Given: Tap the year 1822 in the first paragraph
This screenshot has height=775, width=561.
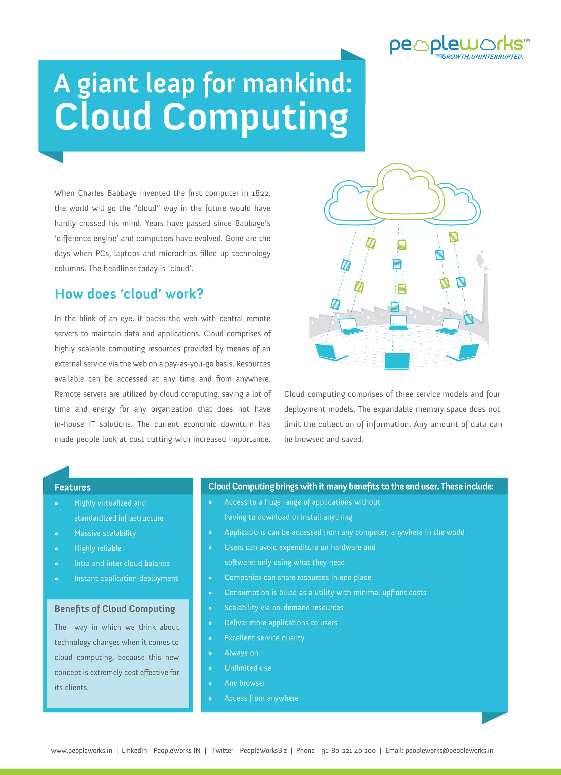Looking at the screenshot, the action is coord(260,193).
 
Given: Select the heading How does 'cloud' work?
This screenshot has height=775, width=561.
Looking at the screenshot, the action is coord(129,294).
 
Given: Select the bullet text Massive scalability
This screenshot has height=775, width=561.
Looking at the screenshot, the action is coord(105,533).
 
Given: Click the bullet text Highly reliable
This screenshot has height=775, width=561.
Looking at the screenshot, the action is coord(98,548).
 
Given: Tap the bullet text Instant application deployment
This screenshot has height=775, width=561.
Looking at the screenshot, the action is coord(126,579).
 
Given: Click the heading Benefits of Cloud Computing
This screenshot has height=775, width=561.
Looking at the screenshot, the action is coord(115,609).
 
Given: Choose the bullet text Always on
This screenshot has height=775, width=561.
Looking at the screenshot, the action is coord(241,653).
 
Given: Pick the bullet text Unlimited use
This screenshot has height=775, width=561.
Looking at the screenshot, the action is coord(248,668).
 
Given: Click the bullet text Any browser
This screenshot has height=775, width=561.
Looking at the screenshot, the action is coord(245,683).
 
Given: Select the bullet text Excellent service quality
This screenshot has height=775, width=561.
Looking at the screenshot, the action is coord(264,638).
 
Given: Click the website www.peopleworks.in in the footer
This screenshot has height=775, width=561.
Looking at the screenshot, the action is coord(82,751).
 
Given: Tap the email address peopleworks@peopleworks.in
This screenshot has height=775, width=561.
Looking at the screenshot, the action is coord(449,751).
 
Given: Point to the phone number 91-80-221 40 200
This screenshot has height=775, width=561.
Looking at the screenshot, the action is coord(348,751).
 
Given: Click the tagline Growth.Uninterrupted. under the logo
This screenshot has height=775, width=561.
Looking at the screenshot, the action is coord(482,57).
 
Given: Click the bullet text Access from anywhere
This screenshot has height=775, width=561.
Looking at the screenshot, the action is coord(261,698).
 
